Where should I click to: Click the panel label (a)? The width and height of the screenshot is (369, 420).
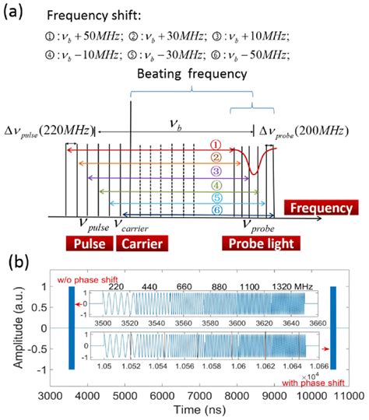17,12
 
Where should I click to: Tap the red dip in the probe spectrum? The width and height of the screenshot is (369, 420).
252,166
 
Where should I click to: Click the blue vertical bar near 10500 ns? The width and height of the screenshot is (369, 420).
332,327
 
